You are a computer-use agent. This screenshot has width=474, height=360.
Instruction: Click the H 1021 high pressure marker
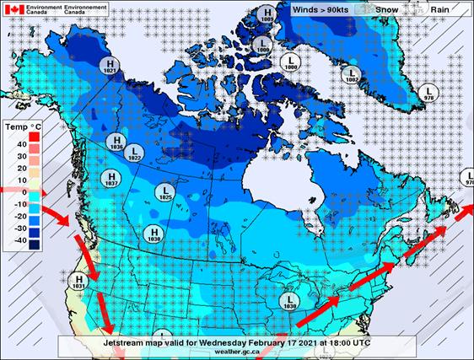point(107,67)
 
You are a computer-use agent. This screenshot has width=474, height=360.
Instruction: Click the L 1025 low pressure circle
point(165,193)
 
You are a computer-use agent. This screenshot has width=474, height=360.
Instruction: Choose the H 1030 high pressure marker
point(153,234)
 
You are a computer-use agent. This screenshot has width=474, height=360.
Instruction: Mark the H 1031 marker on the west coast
point(79,282)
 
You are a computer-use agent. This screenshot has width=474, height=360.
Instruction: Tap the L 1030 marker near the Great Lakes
point(290,303)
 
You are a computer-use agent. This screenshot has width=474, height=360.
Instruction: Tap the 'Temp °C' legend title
point(24,126)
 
